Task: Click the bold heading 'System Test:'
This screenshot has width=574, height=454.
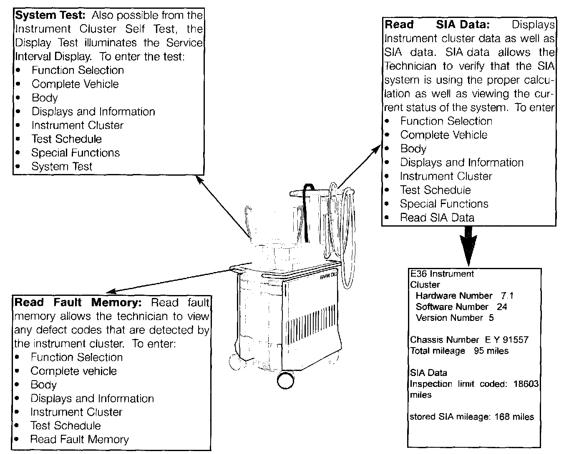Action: [x=50, y=16]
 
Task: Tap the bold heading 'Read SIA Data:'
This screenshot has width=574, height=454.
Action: [x=436, y=25]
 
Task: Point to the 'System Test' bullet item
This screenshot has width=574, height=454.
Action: [x=62, y=166]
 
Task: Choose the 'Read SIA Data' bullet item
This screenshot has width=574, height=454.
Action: [x=437, y=217]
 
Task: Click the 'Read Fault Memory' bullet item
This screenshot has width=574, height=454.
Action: [x=79, y=439]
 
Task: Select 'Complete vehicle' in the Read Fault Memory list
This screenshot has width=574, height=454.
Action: [x=73, y=371]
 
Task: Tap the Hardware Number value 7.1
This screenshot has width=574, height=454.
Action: [x=507, y=296]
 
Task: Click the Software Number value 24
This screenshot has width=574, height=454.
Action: [x=502, y=307]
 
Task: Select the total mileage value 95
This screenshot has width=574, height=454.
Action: [x=478, y=351]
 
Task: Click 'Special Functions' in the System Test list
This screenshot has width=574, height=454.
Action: [x=76, y=153]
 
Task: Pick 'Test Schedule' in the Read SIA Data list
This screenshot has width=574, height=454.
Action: [x=435, y=190]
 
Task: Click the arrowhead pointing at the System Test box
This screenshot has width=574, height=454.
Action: [x=199, y=178]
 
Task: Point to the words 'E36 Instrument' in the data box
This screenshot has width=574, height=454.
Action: [x=442, y=274]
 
